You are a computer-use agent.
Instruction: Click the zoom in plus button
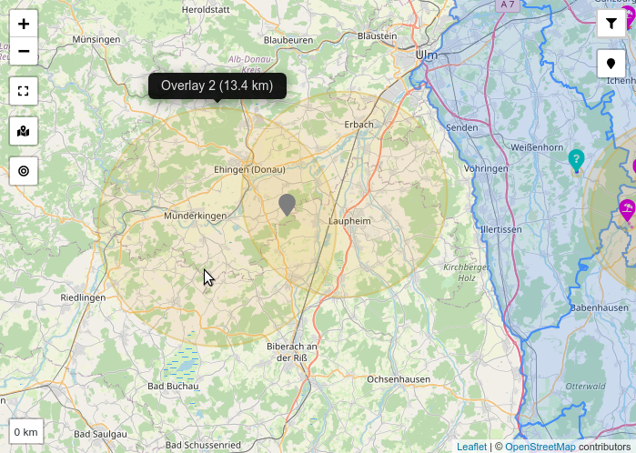pos(24,25)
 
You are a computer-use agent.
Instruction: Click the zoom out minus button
pos(24,51)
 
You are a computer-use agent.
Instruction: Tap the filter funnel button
pos(611,25)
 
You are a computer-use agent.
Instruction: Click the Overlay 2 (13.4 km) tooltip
pos(217,86)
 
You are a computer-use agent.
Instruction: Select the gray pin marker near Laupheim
pos(288,204)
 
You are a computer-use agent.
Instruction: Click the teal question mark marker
pos(576,160)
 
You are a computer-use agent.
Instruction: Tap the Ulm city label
pos(427,55)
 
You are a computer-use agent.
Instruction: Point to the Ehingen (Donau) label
pos(248,170)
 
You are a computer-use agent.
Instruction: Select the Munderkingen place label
pos(195,216)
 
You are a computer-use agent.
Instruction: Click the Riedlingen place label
pos(83,297)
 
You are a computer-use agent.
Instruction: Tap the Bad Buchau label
pos(173,386)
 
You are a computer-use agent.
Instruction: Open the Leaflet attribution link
pos(471,447)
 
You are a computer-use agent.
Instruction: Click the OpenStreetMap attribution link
pos(540,447)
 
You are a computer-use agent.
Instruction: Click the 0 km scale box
pos(26,431)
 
